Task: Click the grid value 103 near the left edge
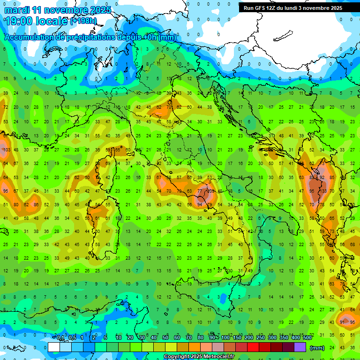(6, 150)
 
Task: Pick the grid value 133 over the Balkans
(323, 191)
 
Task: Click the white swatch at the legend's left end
(53, 347)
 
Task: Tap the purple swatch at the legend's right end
(300, 347)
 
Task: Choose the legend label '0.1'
(60, 338)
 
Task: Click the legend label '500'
(307, 338)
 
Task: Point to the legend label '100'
(225, 338)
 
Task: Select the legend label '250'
(261, 338)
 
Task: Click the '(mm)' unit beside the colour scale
(318, 348)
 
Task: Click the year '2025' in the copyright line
(182, 357)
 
